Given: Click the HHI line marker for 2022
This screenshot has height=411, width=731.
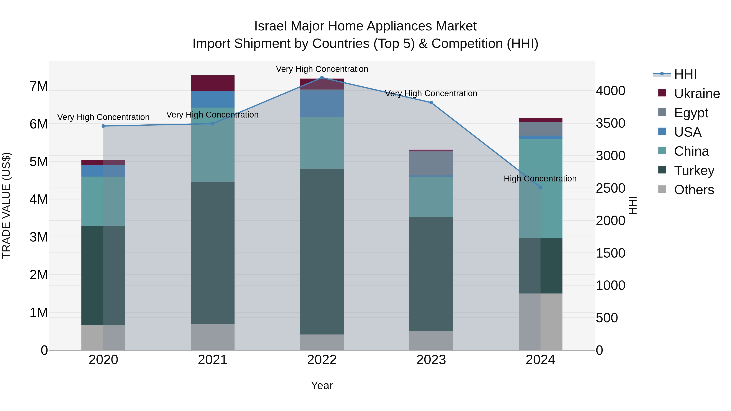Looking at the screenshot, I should click(x=322, y=78).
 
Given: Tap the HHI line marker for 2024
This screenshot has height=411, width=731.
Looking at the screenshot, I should click(x=540, y=187).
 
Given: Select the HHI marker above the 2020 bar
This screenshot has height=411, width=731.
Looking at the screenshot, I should click(x=103, y=126).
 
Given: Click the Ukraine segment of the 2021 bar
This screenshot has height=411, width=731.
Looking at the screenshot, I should click(x=213, y=83).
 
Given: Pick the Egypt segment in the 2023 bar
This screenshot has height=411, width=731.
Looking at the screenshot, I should click(x=431, y=163).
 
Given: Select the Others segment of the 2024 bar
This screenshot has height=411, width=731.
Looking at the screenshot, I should click(x=540, y=322).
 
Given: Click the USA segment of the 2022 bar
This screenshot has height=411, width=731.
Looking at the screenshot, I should click(x=322, y=103).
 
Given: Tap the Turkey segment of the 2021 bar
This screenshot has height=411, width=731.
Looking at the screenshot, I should click(x=213, y=252).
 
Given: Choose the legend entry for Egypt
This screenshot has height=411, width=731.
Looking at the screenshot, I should click(x=691, y=113).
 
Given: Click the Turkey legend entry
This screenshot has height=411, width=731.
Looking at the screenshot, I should click(x=694, y=170).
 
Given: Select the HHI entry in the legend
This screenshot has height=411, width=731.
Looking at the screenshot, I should click(x=685, y=74).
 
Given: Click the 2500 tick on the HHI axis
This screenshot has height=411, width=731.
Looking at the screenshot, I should click(x=610, y=188).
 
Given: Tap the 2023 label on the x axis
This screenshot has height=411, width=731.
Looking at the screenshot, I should click(x=431, y=360).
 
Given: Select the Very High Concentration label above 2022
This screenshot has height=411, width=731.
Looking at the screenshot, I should click(x=322, y=69).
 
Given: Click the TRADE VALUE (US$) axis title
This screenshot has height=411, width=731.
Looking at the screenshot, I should click(x=6, y=205).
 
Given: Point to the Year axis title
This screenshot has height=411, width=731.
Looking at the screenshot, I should click(x=322, y=385).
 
